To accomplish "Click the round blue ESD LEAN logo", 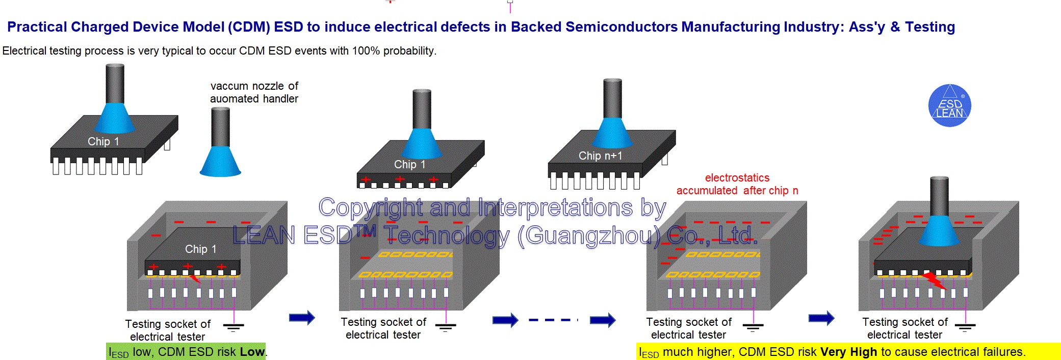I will (949, 106).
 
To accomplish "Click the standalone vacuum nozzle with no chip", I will (220, 145).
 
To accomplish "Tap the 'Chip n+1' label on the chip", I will (600, 156).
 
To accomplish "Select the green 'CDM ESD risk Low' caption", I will (186, 352).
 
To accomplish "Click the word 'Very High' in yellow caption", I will (848, 352).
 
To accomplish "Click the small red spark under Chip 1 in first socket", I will (195, 278).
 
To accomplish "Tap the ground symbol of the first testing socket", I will (234, 327).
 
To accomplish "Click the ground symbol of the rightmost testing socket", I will (965, 327).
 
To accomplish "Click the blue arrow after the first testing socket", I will (302, 318).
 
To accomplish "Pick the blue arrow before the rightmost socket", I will (821, 318).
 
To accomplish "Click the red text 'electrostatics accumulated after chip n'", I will (737, 184).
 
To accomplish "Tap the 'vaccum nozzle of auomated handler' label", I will (254, 92).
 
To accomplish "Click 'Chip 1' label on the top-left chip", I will (103, 142).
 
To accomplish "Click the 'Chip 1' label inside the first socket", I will (200, 249).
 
